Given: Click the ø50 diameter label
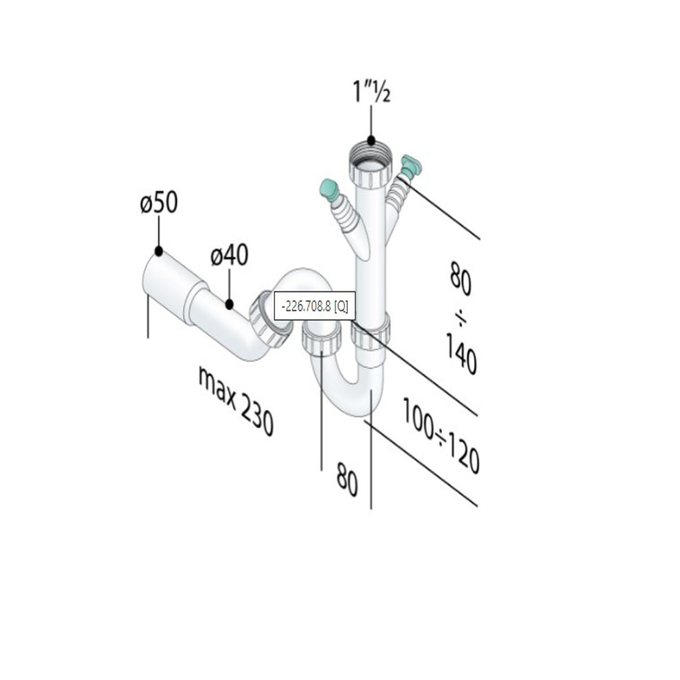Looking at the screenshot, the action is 159,203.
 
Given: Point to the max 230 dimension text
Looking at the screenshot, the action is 236,401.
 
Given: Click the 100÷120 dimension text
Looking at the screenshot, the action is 441,435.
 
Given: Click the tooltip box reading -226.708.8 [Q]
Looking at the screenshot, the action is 314,305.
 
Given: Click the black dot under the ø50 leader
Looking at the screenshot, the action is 159,251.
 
